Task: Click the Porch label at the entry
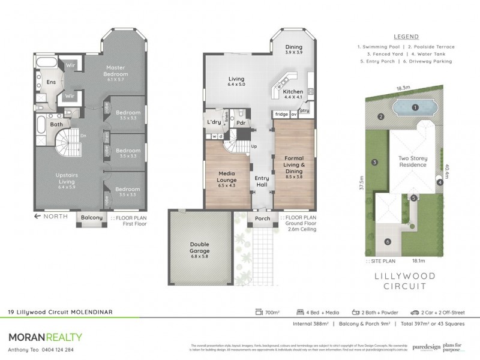click(262, 218)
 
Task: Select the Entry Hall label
click(262, 181)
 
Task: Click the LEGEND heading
click(406, 37)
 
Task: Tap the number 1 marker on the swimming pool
click(415, 107)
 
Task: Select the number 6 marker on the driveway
click(387, 242)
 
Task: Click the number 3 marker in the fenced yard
click(374, 162)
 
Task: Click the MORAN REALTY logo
click(45, 337)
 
